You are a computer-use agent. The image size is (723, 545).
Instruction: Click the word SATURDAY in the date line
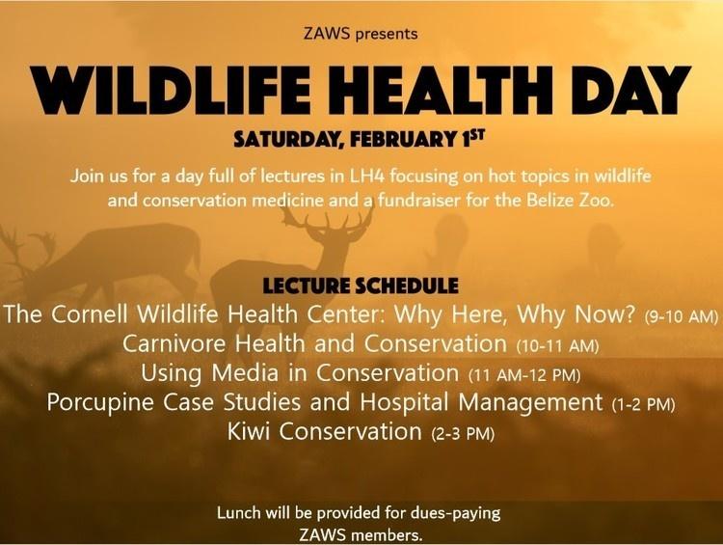point(289,139)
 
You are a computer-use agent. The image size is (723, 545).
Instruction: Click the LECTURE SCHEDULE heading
point(361,286)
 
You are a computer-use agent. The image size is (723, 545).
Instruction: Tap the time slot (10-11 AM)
point(558,345)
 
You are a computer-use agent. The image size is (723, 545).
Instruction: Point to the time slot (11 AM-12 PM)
point(524,375)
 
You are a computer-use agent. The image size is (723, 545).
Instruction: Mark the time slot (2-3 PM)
point(463,434)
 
